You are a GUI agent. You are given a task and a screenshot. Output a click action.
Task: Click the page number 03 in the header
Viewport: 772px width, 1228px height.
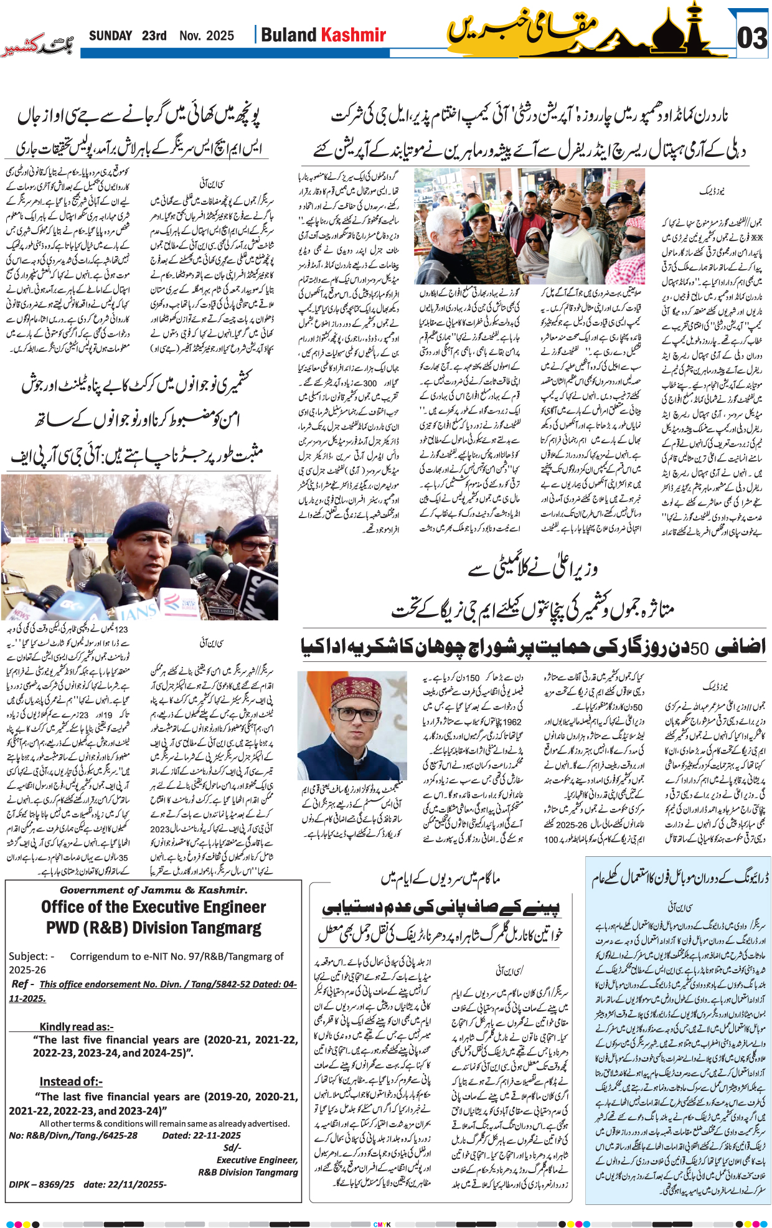pyautogui.click(x=751, y=38)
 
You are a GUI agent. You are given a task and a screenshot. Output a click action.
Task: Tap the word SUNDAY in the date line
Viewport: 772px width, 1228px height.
pyautogui.click(x=110, y=36)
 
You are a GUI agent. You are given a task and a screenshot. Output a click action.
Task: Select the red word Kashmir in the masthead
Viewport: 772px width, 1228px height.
pyautogui.click(x=354, y=35)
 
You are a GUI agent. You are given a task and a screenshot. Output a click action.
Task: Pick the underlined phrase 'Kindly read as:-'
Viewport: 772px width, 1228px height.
pyautogui.click(x=76, y=1027)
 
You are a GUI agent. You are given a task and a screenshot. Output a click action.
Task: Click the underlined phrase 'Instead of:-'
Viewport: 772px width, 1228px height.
pyautogui.click(x=70, y=1082)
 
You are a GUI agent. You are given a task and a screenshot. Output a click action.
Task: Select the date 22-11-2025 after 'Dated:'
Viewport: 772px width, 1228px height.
pyautogui.click(x=201, y=1135)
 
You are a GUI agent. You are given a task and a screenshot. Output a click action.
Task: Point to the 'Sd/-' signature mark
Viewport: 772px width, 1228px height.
pyautogui.click(x=232, y=1148)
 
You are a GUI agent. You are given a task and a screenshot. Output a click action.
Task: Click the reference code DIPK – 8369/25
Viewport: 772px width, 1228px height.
pyautogui.click(x=42, y=1184)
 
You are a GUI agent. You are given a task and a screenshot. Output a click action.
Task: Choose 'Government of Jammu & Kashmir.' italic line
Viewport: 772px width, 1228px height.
pyautogui.click(x=153, y=890)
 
